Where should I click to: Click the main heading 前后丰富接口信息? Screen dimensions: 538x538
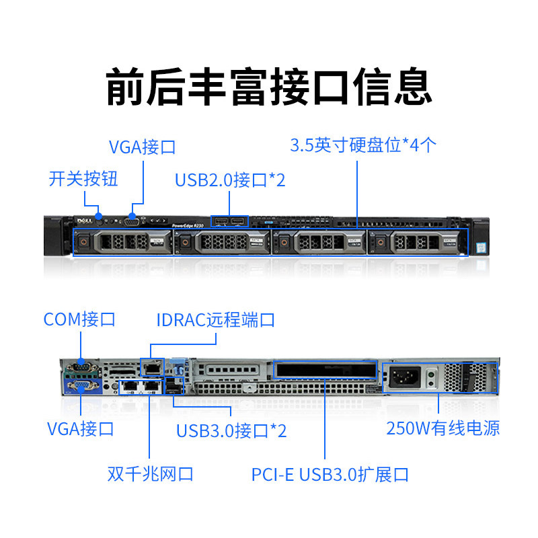(x=269, y=85)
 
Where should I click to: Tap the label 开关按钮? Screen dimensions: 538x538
(x=83, y=179)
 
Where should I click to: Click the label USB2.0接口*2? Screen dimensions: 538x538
(x=230, y=180)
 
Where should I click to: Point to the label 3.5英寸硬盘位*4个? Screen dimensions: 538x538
(x=364, y=145)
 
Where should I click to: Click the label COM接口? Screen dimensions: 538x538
(x=79, y=319)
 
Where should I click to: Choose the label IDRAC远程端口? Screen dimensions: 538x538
(x=216, y=319)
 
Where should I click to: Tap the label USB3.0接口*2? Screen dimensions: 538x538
(x=231, y=430)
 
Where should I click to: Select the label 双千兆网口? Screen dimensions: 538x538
(x=151, y=473)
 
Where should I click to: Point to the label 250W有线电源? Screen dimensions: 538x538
(x=443, y=428)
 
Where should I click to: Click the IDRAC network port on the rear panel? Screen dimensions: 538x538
(x=152, y=367)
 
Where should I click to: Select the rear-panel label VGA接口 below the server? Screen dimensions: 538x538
(x=80, y=428)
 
